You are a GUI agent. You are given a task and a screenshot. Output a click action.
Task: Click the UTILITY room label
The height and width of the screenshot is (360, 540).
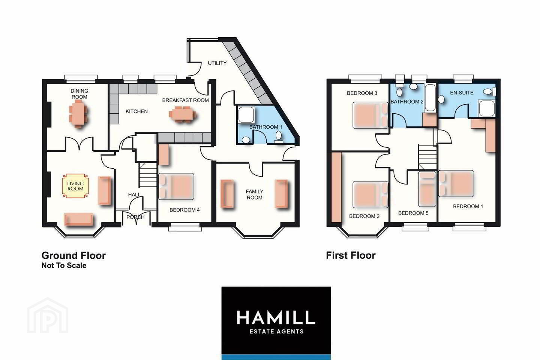click(x=217, y=63)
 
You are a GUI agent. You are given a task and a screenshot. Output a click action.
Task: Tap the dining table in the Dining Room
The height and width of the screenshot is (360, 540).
click(x=78, y=113)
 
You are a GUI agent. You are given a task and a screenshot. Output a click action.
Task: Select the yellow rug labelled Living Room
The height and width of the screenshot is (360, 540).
click(x=75, y=186)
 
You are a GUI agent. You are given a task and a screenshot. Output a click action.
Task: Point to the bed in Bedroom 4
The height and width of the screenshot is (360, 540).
click(x=176, y=186)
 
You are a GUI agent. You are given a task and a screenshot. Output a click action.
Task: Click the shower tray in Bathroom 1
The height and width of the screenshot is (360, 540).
click(x=246, y=114)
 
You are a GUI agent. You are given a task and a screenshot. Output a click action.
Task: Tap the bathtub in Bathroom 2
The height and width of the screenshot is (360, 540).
click(x=430, y=97)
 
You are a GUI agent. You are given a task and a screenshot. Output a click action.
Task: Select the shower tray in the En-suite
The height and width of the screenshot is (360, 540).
click(x=487, y=108)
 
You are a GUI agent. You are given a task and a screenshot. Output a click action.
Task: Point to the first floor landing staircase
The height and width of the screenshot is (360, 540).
click(x=427, y=157)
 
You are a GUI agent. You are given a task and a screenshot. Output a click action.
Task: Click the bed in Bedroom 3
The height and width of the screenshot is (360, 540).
click(x=370, y=115)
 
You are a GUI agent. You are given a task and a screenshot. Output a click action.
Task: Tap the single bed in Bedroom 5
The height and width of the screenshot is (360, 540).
click(x=427, y=189)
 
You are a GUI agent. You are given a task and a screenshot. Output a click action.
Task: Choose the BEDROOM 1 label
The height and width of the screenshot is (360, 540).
click(x=468, y=206)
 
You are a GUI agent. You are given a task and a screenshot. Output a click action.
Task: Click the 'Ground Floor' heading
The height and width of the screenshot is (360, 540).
click(x=73, y=256)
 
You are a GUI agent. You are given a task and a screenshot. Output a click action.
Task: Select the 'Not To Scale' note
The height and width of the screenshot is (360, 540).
click(x=64, y=265)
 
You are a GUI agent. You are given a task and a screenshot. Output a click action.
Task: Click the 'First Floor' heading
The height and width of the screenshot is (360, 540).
click(x=351, y=255)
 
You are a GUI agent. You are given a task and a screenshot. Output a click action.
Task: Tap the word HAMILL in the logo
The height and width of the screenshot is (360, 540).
click(x=276, y=317)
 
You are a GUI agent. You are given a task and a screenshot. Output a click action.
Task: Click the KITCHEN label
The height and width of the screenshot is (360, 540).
click(x=136, y=111)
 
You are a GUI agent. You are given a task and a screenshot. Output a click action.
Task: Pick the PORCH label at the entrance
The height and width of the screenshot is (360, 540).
click(x=135, y=217)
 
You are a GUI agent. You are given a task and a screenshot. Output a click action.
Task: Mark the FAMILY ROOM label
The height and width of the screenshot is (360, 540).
click(x=255, y=195)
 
